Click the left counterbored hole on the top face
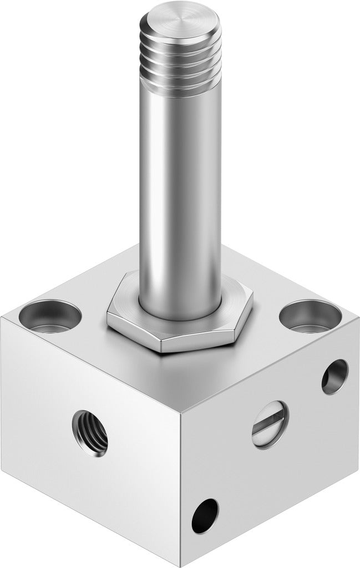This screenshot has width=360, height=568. click(x=50, y=316)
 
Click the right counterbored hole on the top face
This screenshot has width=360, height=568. click(x=310, y=316)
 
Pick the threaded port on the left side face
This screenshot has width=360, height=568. click(x=90, y=433)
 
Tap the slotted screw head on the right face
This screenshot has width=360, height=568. click(x=270, y=424)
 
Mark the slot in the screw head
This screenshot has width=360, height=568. click(x=270, y=424)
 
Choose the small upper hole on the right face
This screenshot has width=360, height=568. click(x=334, y=377)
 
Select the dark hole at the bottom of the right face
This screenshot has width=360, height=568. click(x=205, y=516)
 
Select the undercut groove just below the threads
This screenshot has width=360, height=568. click(x=180, y=92)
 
